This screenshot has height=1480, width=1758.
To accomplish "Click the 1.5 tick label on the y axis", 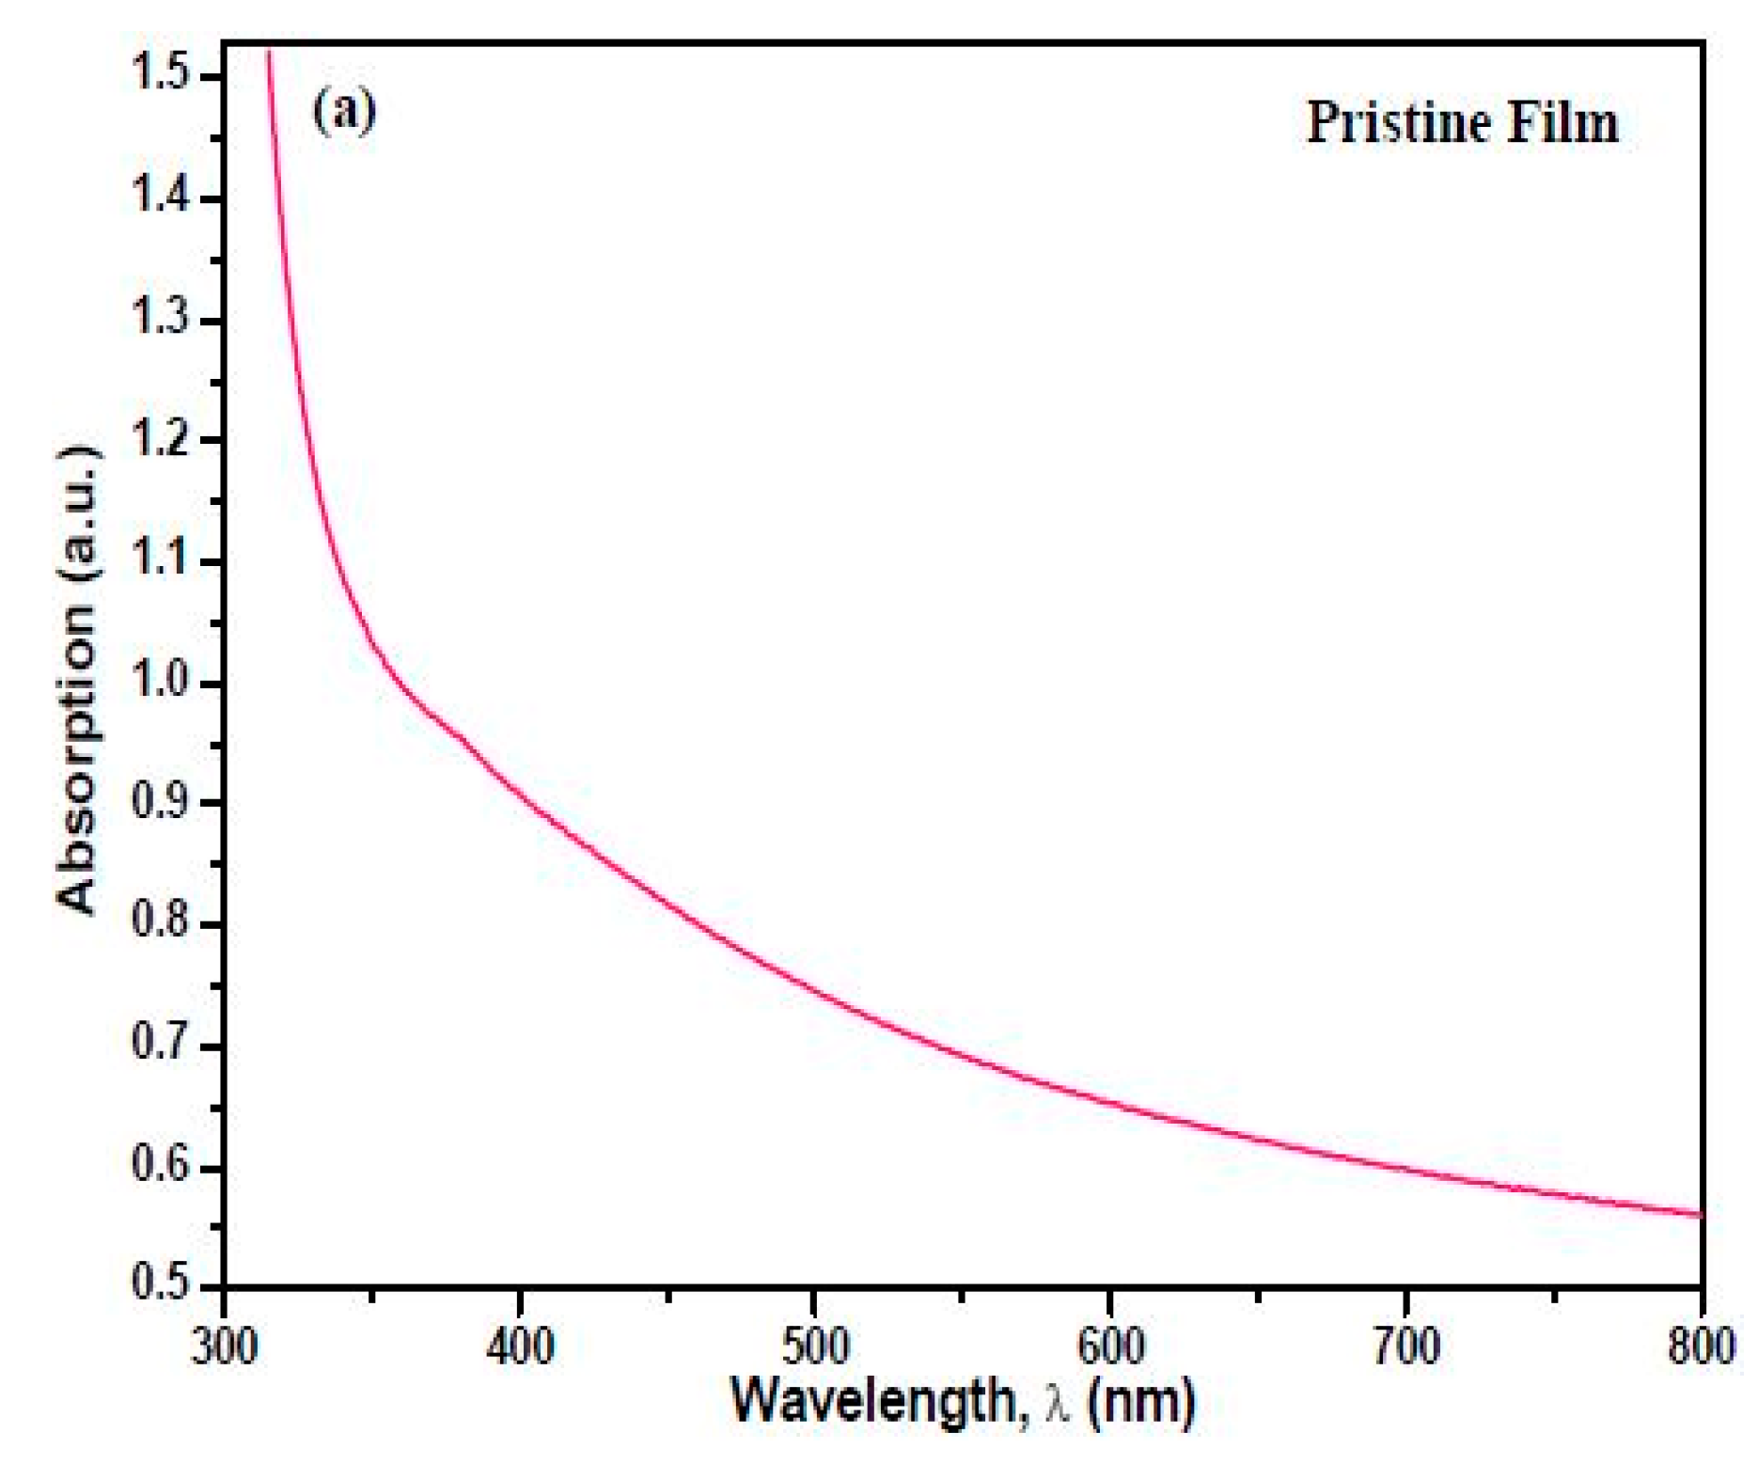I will pyautogui.click(x=162, y=73).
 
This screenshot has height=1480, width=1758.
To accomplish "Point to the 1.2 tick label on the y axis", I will pyautogui.click(x=162, y=439).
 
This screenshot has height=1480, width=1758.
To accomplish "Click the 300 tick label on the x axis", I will pyautogui.click(x=224, y=1346).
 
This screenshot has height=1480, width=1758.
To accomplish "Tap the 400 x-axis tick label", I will pyautogui.click(x=519, y=1346).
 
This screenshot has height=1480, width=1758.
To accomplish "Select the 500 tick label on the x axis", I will pyautogui.click(x=815, y=1346).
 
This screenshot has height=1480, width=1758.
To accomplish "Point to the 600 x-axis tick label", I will pyautogui.click(x=1110, y=1346).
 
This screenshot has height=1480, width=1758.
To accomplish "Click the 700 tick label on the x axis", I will pyautogui.click(x=1405, y=1346).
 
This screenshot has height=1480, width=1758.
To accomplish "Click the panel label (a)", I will pyautogui.click(x=344, y=112).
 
